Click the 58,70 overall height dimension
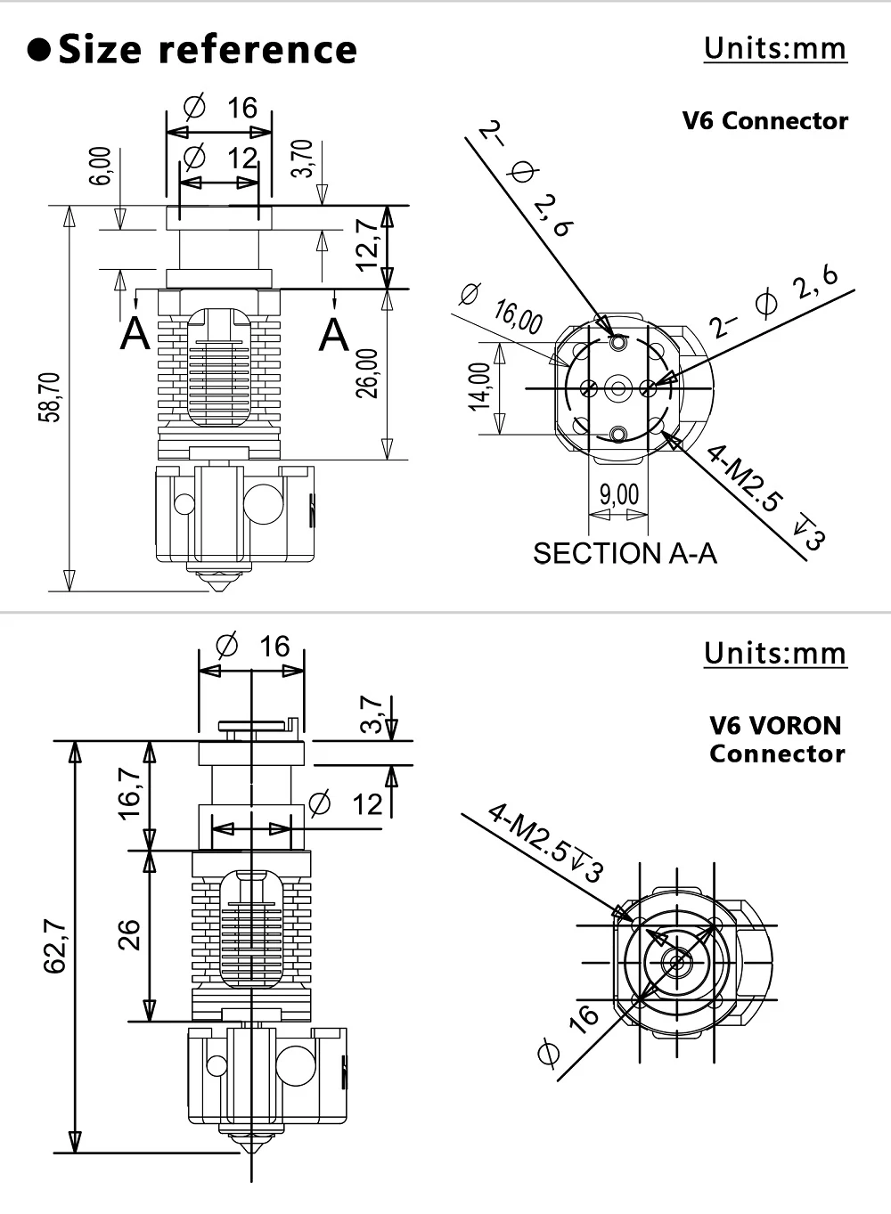(x=49, y=397)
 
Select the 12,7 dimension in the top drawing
(x=366, y=244)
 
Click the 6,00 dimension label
(x=100, y=166)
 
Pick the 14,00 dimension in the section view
(x=479, y=387)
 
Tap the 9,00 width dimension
(x=618, y=493)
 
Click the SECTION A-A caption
(x=625, y=553)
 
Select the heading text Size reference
(x=208, y=49)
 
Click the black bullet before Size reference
(x=39, y=50)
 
